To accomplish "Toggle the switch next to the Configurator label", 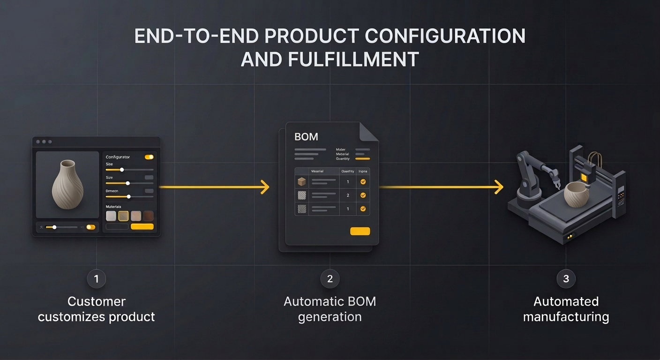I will pos(149,157).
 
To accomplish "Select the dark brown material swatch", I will pos(148,216).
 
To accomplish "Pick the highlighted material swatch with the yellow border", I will pos(123,216).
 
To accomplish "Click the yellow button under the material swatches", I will pos(142,227).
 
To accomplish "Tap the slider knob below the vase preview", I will pos(54,227).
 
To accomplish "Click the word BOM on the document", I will pos(306,137).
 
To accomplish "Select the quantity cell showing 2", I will pos(348,195).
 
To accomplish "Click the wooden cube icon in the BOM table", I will pos(302,181).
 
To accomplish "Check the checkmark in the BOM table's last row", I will pos(363,209).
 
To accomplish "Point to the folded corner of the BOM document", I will pos(368,131).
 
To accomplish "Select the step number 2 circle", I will pos(330,279).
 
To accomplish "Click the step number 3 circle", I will pos(566,279).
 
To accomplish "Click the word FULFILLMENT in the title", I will pos(330,60).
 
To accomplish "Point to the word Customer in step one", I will pos(97,301).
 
